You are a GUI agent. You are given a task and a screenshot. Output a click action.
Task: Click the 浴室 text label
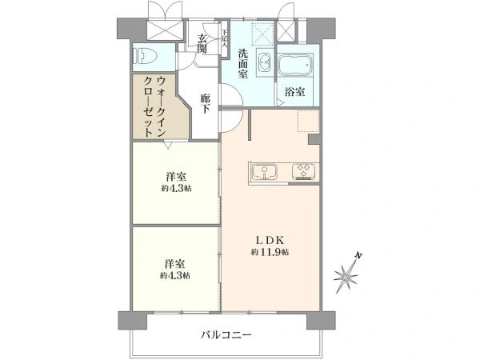click(294, 91)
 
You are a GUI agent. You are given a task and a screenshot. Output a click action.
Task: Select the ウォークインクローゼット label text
click(156, 105)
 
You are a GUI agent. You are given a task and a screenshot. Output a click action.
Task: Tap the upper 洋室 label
click(176, 176)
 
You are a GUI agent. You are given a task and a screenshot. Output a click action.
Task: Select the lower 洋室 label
click(176, 262)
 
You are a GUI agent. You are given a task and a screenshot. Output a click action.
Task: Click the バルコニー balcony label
click(226, 334)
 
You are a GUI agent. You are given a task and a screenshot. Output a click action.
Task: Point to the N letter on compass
click(361, 255)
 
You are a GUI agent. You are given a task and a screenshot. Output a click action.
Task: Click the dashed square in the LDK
click(308, 122)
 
